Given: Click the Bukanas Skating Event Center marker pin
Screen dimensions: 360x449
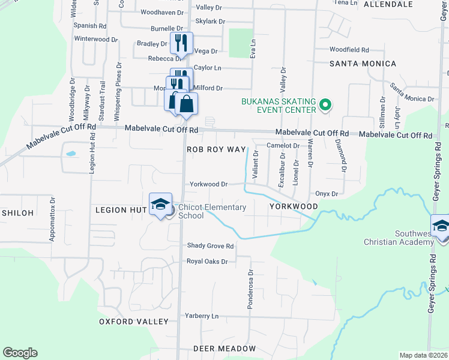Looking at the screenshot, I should pyautogui.click(x=325, y=106).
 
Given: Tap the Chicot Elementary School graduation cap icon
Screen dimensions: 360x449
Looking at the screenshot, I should pyautogui.click(x=160, y=205).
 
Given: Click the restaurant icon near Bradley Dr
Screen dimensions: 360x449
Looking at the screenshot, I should pyautogui.click(x=181, y=43).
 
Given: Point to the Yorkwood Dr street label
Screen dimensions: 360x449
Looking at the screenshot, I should pyautogui.click(x=208, y=185).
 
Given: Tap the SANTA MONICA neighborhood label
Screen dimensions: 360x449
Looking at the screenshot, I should pyautogui.click(x=363, y=64).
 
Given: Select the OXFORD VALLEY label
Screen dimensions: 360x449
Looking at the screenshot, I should pyautogui.click(x=134, y=322).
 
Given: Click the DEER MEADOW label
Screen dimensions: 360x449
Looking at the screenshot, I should pyautogui.click(x=224, y=349).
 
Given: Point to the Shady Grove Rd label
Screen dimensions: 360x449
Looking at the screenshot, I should pyautogui.click(x=210, y=246).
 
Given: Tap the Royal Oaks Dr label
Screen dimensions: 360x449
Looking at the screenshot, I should pyautogui.click(x=207, y=262).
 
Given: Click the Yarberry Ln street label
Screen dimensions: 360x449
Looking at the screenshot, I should pyautogui.click(x=202, y=316).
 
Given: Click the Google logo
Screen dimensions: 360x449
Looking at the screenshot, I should pyautogui.click(x=20, y=353).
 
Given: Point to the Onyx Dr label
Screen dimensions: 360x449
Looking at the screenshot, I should pyautogui.click(x=327, y=194).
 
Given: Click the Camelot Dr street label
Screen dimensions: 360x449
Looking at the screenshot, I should pyautogui.click(x=283, y=146).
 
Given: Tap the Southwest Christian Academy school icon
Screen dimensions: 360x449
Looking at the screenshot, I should pyautogui.click(x=441, y=227).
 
